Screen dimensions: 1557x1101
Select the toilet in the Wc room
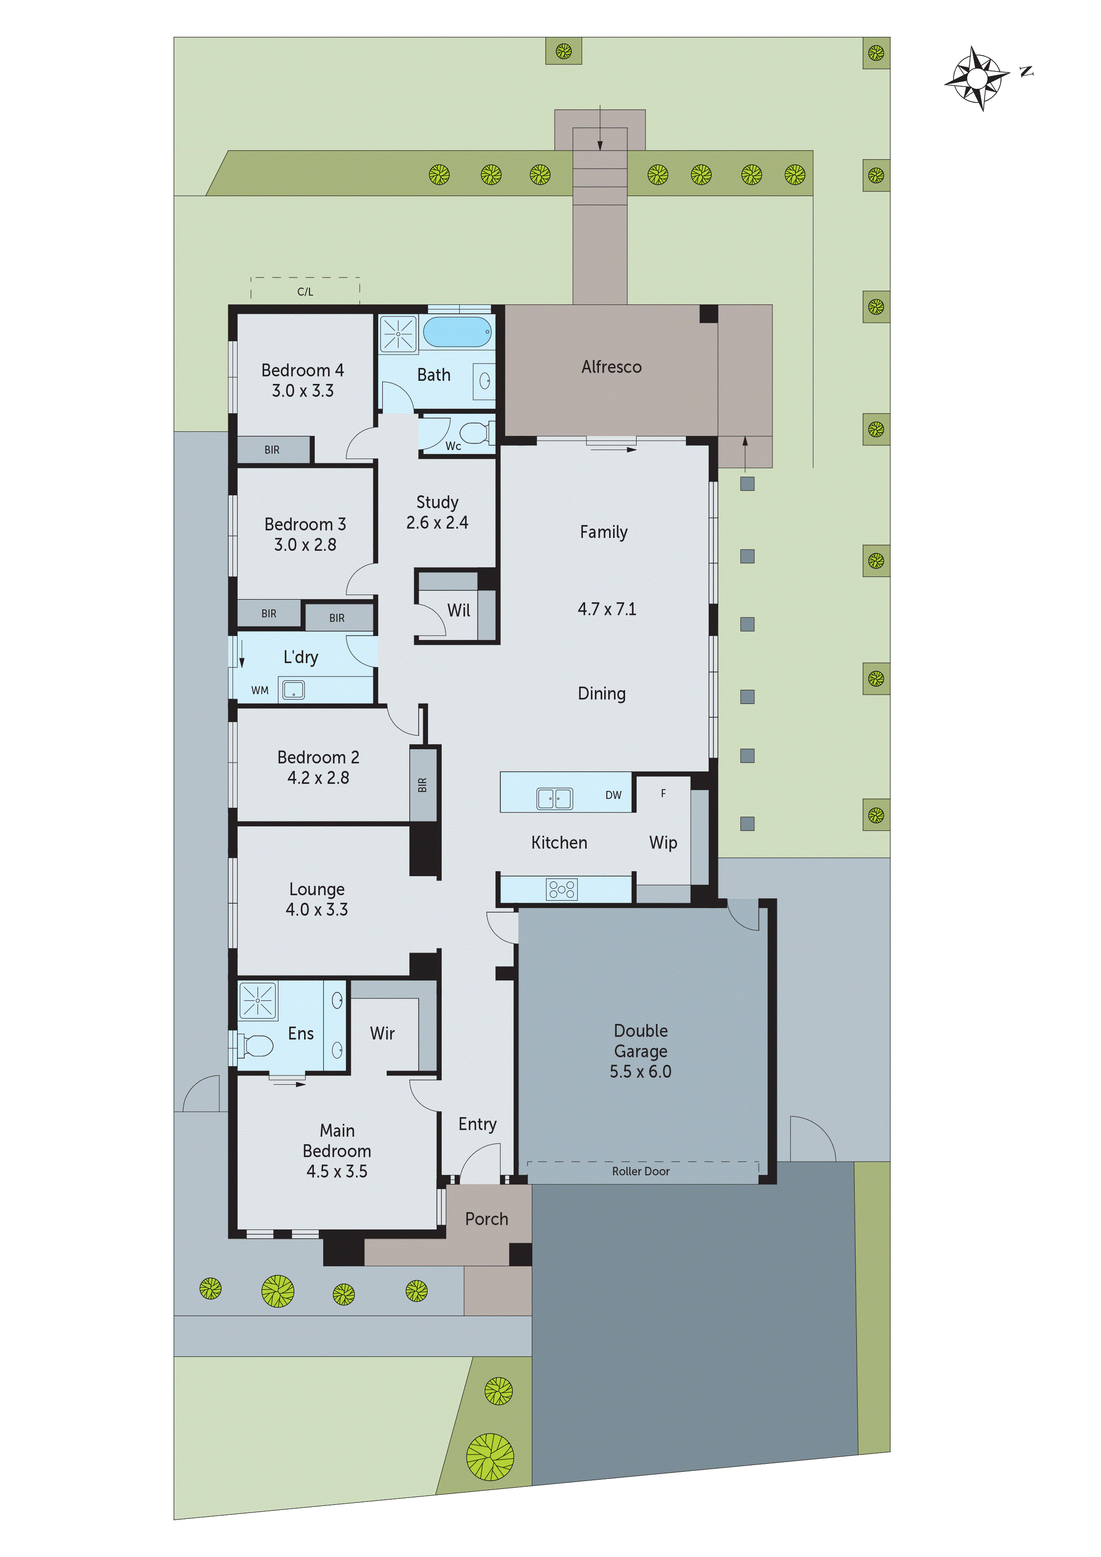tap(474, 433)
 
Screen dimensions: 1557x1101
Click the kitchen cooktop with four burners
tap(561, 889)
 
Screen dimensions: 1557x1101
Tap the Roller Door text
tap(640, 1171)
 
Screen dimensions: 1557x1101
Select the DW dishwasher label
tap(613, 795)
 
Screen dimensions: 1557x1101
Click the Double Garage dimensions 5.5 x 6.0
tap(640, 1071)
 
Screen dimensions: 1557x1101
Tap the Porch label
tap(487, 1219)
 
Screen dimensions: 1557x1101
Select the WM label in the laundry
tap(260, 690)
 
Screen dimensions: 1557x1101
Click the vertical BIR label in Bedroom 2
tap(422, 785)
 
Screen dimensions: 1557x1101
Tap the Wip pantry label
tap(663, 842)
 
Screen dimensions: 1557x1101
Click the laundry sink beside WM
tap(293, 690)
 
